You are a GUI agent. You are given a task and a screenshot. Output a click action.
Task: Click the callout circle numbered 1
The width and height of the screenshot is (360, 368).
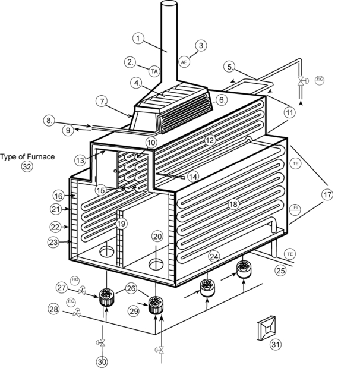138,39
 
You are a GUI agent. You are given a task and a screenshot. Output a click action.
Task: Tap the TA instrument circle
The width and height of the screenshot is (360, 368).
154,71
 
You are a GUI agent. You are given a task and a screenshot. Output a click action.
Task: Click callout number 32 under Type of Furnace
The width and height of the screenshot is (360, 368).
27,167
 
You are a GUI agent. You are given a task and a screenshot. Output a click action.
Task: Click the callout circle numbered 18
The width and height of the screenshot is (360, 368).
233,204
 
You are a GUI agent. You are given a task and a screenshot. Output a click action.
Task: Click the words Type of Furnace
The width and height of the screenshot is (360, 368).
27,157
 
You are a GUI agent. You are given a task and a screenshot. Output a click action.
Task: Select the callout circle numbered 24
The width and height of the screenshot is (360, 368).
213,257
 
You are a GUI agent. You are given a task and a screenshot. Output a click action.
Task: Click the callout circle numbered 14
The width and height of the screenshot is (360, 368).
192,177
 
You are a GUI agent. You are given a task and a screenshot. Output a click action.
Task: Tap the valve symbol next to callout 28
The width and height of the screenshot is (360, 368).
76,313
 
